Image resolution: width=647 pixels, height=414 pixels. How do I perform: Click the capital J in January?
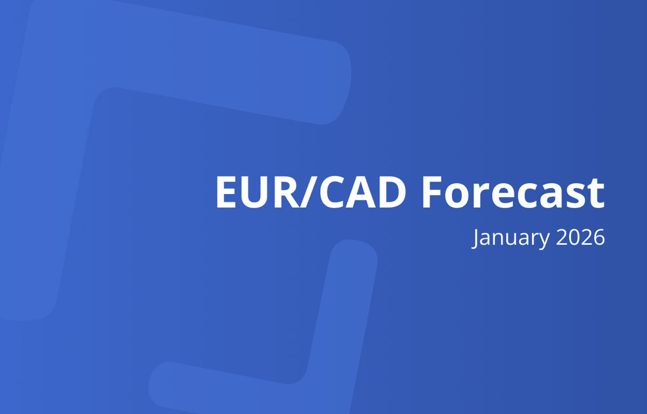476,238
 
